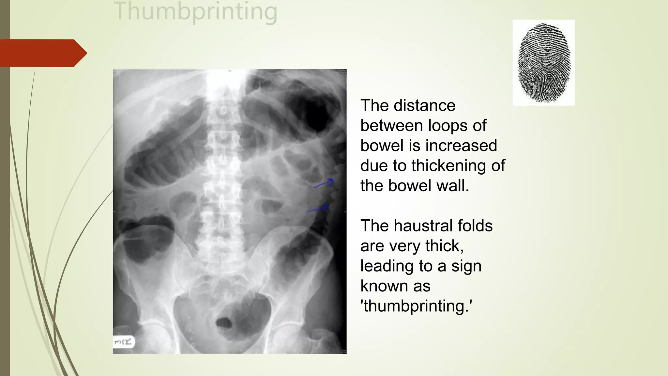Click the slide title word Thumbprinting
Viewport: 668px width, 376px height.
[196, 12]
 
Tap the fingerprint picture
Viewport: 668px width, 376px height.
[544, 63]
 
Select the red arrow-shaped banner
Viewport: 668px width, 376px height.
[42, 53]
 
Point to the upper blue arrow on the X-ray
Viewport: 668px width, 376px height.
[324, 184]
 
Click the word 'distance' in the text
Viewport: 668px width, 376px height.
[424, 105]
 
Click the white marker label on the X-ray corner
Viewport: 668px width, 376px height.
[124, 342]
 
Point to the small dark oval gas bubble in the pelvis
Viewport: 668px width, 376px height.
[224, 323]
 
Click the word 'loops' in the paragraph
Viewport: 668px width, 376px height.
[448, 126]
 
